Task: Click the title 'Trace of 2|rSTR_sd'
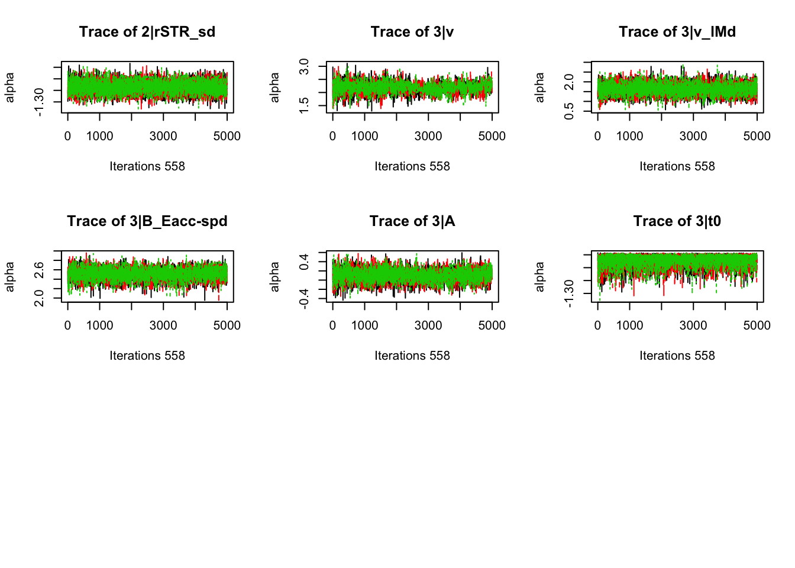[147, 32]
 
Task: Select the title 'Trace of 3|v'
[412, 32]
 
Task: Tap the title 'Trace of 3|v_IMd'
[677, 32]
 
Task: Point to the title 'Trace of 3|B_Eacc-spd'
[147, 221]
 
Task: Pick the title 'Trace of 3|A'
[412, 221]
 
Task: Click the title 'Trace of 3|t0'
[677, 221]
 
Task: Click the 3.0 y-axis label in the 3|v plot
[304, 67]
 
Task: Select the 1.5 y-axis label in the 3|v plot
[304, 105]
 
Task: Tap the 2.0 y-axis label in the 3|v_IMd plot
[569, 82]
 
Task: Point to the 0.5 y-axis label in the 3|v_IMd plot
[569, 111]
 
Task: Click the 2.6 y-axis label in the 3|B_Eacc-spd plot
[39, 270]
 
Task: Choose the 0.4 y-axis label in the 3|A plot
[304, 262]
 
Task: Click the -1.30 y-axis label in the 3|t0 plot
[569, 293]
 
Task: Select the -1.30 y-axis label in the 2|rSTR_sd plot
[39, 102]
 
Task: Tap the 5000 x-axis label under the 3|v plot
[492, 136]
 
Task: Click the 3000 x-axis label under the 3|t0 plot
[693, 325]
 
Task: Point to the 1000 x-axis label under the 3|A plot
[364, 325]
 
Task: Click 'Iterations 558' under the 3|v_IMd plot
[677, 166]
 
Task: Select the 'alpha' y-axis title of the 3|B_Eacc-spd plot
[10, 276]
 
